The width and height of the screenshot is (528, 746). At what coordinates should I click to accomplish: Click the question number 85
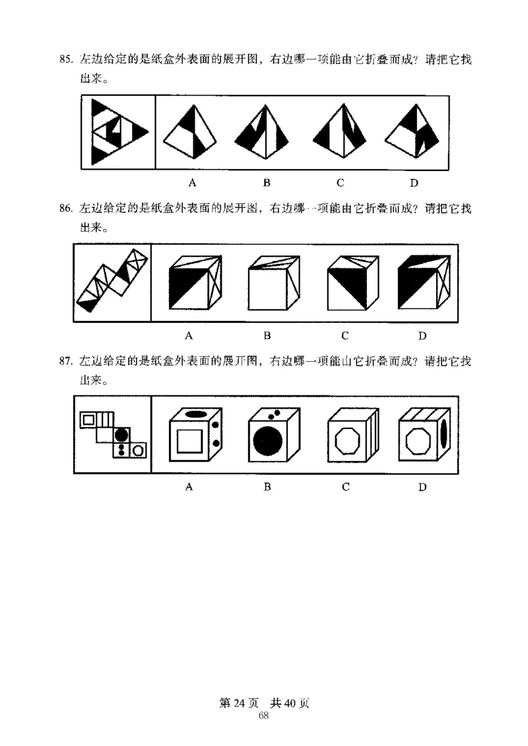[65, 60]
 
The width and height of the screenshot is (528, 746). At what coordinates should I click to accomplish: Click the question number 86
[65, 209]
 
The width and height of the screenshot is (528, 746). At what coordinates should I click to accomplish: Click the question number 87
[65, 360]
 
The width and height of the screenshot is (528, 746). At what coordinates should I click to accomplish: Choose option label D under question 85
[413, 183]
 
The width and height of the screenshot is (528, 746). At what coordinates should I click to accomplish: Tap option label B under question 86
[267, 335]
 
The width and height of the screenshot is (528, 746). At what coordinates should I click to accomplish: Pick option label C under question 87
[345, 487]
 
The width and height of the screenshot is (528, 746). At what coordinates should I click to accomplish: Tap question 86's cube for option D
[422, 284]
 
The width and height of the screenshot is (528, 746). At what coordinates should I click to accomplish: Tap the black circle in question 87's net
[121, 435]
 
